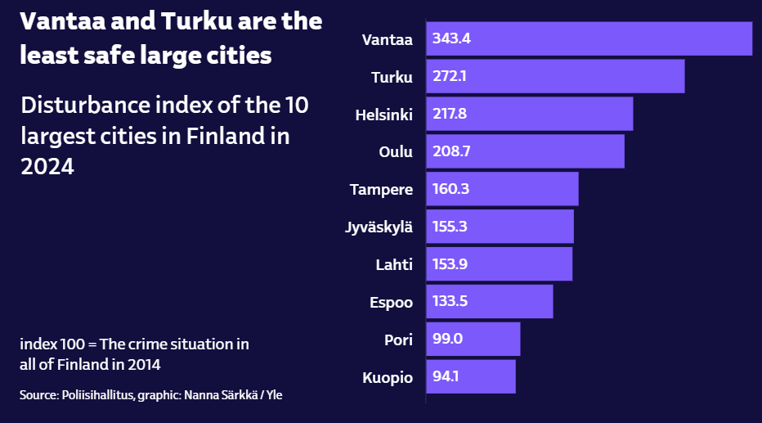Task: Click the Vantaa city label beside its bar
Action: pyautogui.click(x=388, y=39)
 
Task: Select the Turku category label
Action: pyautogui.click(x=392, y=77)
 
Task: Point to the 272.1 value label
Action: pyautogui.click(x=450, y=76)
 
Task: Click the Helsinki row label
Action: pyautogui.click(x=383, y=115)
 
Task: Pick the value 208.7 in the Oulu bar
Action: pyautogui.click(x=452, y=151)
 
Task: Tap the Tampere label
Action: pyautogui.click(x=381, y=190)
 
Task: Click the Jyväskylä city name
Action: pyautogui.click(x=379, y=227)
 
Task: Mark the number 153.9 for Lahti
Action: pyautogui.click(x=451, y=264)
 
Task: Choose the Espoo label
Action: pyautogui.click(x=391, y=302)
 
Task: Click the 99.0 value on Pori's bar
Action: pyautogui.click(x=448, y=339)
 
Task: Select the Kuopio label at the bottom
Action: pyautogui.click(x=388, y=377)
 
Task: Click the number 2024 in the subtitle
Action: pyautogui.click(x=47, y=166)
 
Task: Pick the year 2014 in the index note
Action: pyautogui.click(x=142, y=363)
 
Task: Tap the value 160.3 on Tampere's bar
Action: pyautogui.click(x=451, y=189)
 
